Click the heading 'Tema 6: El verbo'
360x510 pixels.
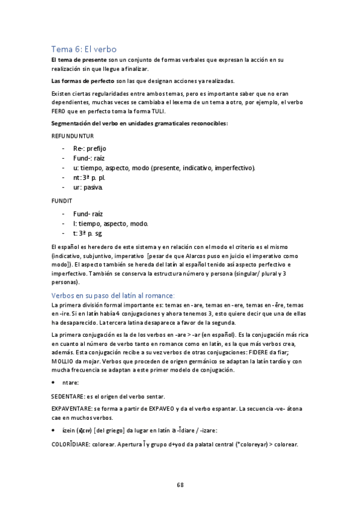click(84, 49)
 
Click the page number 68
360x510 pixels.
click(180, 485)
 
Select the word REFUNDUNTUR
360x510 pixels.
click(72, 136)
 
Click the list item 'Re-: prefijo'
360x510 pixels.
click(90, 148)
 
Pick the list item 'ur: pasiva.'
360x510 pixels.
click(88, 187)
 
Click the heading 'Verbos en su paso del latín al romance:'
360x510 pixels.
click(113, 295)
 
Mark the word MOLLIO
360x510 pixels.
click(61, 361)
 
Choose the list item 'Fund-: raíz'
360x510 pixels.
click(89, 158)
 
